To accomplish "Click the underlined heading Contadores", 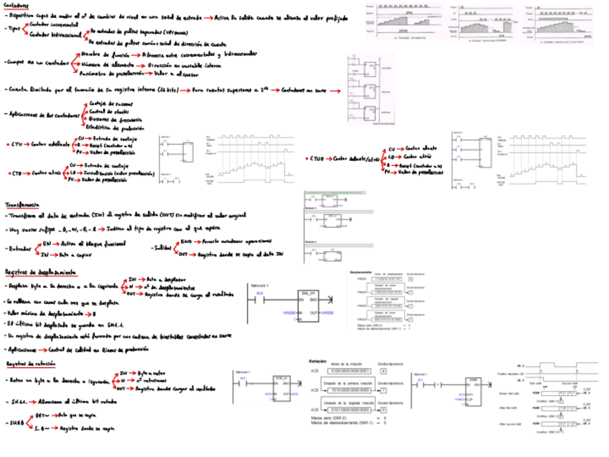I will tap(16, 4).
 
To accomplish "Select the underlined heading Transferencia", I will tap(22, 204).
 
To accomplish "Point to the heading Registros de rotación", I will tap(31, 364).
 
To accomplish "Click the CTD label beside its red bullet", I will tap(17, 173).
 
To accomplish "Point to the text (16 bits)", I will tap(164, 90).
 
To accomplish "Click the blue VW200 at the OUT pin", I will tap(326, 313).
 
